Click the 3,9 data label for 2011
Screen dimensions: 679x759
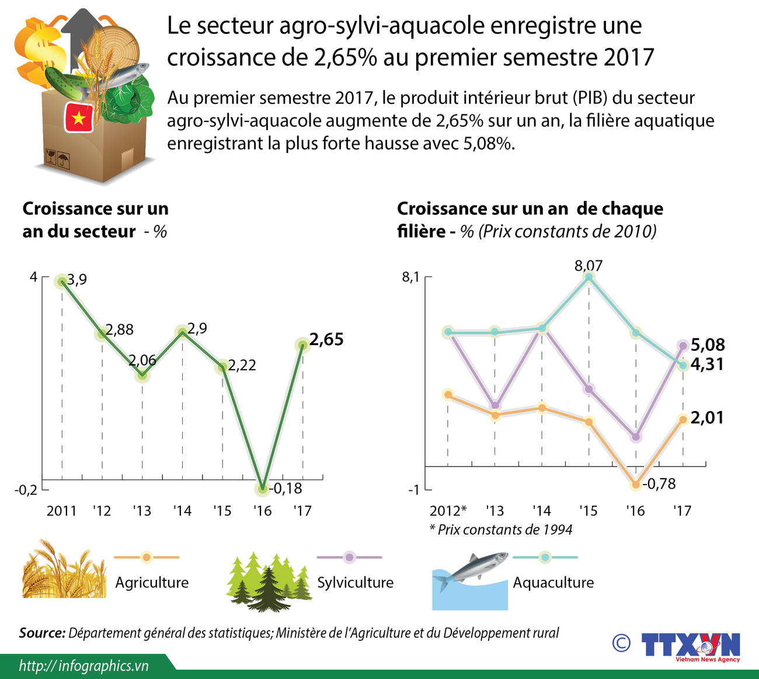click(77, 280)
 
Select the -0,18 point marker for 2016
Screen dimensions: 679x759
click(263, 488)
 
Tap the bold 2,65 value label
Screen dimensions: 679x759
click(326, 339)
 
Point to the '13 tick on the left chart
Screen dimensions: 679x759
click(142, 511)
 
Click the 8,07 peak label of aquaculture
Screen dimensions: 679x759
click(589, 266)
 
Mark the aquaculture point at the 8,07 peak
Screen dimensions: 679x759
click(589, 277)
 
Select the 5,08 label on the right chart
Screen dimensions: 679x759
click(707, 344)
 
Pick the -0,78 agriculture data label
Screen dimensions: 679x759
click(659, 483)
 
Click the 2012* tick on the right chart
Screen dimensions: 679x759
click(448, 511)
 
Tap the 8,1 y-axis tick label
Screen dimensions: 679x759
click(410, 277)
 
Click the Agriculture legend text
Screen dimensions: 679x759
click(152, 582)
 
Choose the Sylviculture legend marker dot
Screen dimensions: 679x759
click(349, 557)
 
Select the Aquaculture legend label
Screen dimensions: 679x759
click(553, 582)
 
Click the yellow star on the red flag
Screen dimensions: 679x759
click(78, 119)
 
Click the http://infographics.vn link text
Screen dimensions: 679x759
click(83, 666)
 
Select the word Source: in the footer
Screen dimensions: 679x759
click(42, 633)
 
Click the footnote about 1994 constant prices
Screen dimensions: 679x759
click(501, 530)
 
